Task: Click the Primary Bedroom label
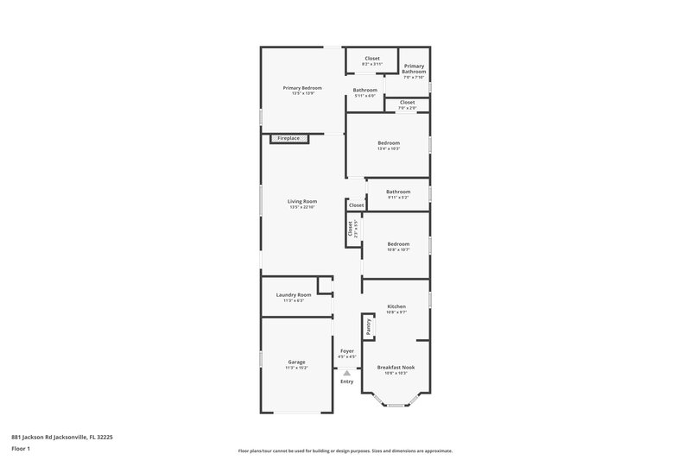[x=302, y=88]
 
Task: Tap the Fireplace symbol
[x=288, y=138]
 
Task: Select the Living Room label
[x=302, y=201]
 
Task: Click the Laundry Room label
[x=294, y=295]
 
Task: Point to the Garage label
[x=296, y=362]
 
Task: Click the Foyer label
[x=346, y=351]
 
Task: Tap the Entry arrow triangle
[x=346, y=373]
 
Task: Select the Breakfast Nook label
[x=396, y=367]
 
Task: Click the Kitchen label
[x=396, y=306]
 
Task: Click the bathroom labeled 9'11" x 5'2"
[x=398, y=194]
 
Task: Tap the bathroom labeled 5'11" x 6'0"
[x=365, y=92]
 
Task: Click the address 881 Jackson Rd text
[x=62, y=437]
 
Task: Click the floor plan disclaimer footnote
[x=345, y=451]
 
